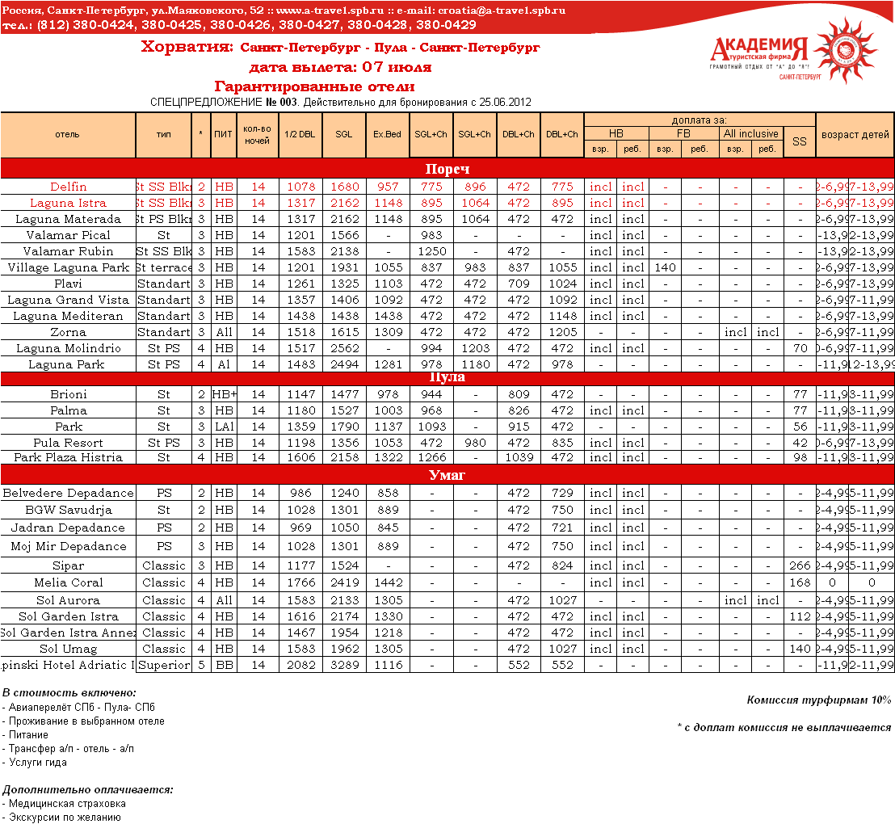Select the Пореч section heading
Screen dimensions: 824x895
click(447, 169)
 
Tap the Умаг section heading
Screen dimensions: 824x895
click(447, 475)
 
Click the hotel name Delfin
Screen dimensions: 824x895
click(68, 187)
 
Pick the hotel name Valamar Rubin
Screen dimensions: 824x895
click(68, 251)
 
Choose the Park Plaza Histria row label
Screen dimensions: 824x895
click(68, 457)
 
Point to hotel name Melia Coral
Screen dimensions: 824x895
click(68, 582)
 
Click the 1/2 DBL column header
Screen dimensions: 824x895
click(300, 135)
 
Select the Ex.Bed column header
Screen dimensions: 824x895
click(387, 135)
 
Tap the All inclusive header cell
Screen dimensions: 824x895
click(750, 134)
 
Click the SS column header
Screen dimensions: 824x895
click(799, 141)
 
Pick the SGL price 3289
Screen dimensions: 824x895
click(344, 665)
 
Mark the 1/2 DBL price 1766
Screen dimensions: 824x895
click(300, 582)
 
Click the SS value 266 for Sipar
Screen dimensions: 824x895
click(799, 566)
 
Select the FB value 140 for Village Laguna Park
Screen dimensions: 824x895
click(666, 267)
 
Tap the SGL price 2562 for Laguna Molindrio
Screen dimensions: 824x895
click(344, 348)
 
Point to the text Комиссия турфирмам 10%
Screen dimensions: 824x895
click(818, 700)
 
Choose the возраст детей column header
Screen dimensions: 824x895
click(855, 135)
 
